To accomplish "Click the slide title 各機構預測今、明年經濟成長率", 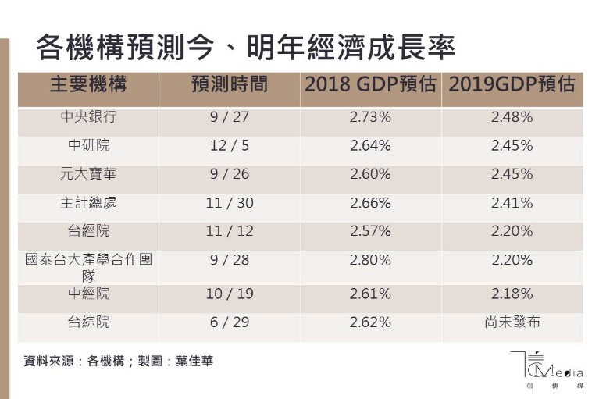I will (245, 48).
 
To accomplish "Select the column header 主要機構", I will (88, 84).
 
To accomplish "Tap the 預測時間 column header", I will (229, 84).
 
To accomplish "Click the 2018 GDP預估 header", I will (370, 84).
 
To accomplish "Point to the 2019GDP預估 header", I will (512, 84).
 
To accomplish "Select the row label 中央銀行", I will (88, 117).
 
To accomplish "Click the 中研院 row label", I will (88, 145).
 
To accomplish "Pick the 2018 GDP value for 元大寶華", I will (370, 174).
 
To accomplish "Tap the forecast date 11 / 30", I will (229, 203).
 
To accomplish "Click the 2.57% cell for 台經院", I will (370, 231).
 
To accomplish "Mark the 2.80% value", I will (370, 260).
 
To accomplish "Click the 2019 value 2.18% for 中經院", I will (512, 294).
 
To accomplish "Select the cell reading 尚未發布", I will (512, 322).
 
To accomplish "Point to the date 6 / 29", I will (229, 322).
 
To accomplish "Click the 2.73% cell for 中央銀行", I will (370, 117).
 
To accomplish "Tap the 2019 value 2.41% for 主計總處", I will (512, 203).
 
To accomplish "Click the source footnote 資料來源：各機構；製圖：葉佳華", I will (118, 362).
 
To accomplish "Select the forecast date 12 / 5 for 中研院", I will (229, 145).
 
